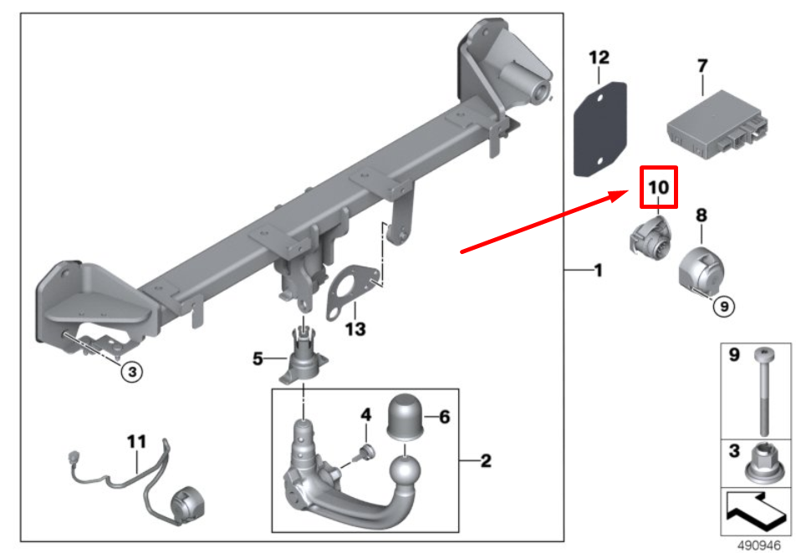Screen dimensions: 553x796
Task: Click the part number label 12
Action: [600, 58]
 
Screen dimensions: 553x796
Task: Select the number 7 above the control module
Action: [702, 65]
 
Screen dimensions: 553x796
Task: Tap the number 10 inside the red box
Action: [658, 188]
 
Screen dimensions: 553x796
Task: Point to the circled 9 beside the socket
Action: [724, 307]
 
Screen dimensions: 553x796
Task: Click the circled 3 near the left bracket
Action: [132, 372]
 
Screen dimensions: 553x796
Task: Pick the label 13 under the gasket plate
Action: [355, 329]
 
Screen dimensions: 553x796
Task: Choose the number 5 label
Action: [259, 359]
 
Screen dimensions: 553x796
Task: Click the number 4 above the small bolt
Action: [365, 414]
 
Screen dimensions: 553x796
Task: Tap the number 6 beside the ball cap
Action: [443, 415]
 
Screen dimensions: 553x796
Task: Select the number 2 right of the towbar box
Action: [486, 459]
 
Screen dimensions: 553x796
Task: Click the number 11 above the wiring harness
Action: [136, 440]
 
